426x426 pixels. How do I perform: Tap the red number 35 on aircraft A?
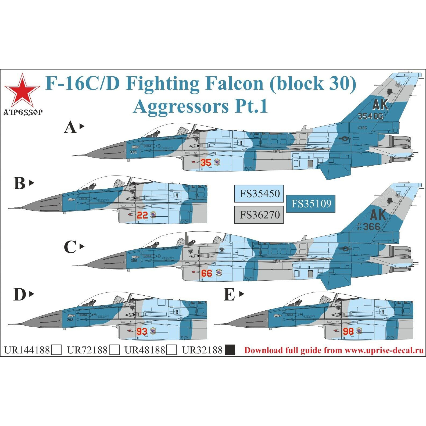(x=206, y=163)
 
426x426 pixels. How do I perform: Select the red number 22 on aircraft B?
(x=142, y=215)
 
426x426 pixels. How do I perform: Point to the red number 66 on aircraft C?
(x=206, y=273)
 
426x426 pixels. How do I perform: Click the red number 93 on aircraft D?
(x=142, y=331)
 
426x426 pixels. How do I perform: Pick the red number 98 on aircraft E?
(x=348, y=331)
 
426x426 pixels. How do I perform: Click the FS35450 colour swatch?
(x=259, y=194)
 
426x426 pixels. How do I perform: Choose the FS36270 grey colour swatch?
(x=259, y=215)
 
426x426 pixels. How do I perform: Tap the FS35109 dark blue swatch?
(x=311, y=204)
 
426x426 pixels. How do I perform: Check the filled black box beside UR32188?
(x=230, y=350)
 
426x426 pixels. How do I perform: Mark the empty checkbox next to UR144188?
(x=56, y=350)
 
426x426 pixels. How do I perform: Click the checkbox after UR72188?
(x=115, y=350)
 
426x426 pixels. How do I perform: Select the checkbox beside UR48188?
(x=172, y=350)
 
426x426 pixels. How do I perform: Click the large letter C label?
(x=70, y=247)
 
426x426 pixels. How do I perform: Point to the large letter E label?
(x=229, y=295)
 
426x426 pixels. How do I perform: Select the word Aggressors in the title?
(x=181, y=106)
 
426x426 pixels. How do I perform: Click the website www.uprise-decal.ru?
(x=384, y=350)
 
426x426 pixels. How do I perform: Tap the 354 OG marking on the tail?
(x=370, y=116)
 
